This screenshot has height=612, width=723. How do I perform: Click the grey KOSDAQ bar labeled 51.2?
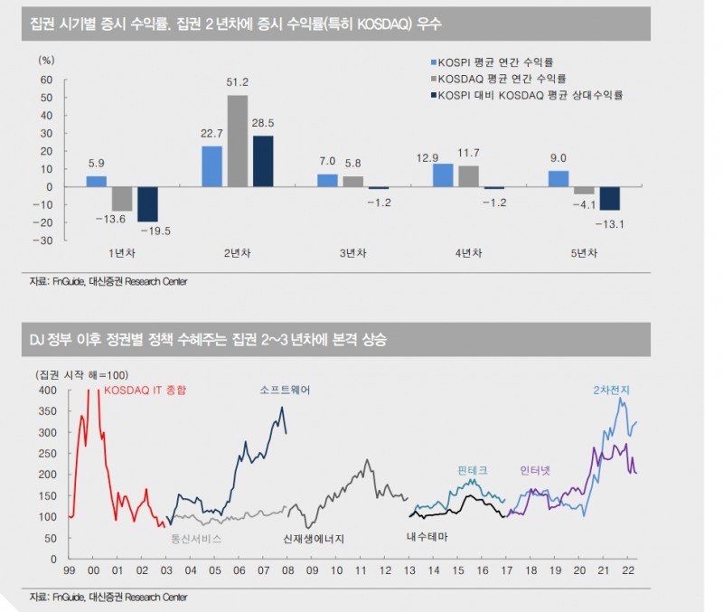coord(238,141)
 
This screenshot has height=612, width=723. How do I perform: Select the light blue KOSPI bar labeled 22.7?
coord(211,166)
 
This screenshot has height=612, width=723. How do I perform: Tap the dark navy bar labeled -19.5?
coord(147,204)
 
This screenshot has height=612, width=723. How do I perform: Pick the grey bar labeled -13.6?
coord(122,199)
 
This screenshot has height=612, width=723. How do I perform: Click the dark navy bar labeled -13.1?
coord(609,198)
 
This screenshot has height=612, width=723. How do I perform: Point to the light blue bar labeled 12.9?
coord(443,175)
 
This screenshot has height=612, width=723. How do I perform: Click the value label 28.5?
coord(263,123)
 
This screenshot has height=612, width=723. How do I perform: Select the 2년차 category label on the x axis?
coord(238,253)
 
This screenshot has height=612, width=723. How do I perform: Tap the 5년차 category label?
coord(584,253)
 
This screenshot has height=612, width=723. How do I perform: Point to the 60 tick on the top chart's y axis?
coord(47,80)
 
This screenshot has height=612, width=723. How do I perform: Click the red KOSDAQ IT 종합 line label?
coord(146,391)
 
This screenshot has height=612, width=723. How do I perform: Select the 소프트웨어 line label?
coord(285,391)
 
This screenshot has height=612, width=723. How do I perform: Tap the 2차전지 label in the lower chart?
coord(612,391)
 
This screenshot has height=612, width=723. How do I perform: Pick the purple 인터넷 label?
coord(535,470)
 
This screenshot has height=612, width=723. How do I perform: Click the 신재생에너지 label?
coord(314,539)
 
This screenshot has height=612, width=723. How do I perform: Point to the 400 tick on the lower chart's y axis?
coord(48,391)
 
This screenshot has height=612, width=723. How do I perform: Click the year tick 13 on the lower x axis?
coord(409,570)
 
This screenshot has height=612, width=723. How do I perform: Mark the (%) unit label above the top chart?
coord(46,60)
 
